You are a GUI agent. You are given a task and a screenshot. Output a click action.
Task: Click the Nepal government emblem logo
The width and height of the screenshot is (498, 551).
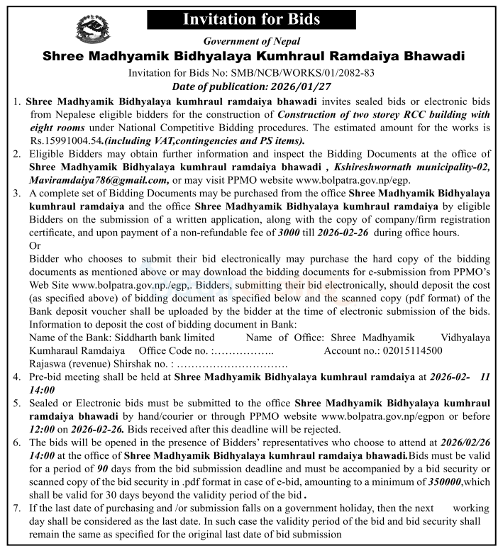click(93, 28)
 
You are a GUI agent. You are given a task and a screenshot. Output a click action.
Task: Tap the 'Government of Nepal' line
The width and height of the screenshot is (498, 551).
click(252, 42)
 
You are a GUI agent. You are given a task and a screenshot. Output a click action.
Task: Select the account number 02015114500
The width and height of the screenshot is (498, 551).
click(410, 351)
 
